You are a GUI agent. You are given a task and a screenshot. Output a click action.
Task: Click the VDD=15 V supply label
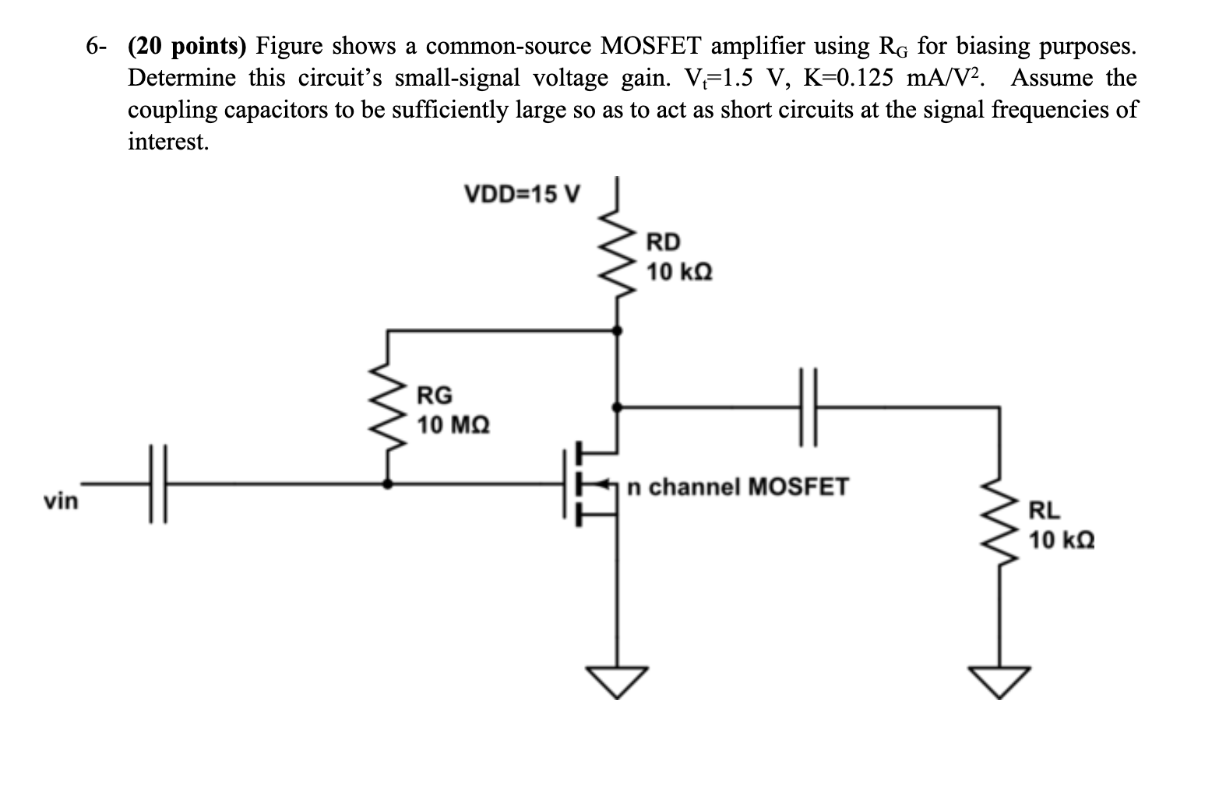tap(521, 193)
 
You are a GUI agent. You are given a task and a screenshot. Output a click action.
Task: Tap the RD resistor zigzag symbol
tap(618, 253)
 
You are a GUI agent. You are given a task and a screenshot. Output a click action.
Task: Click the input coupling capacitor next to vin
tap(158, 484)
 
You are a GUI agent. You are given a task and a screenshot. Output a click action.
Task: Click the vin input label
tap(61, 501)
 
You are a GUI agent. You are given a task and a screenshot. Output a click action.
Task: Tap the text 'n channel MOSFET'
tap(738, 488)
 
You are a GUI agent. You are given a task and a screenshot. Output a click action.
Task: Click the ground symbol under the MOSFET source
tap(618, 681)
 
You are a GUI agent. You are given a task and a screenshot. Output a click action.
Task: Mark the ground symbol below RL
tap(999, 681)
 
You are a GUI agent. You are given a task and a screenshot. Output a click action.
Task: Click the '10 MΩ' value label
tap(453, 425)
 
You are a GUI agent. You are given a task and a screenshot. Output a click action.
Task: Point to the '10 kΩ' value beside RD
tap(679, 273)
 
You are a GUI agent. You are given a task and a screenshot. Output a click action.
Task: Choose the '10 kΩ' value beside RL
tap(1061, 539)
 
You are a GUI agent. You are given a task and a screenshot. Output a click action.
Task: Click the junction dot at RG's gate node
tap(389, 484)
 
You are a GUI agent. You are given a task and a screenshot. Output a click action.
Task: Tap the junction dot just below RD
tap(618, 331)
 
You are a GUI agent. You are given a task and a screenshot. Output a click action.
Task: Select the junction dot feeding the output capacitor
tap(618, 407)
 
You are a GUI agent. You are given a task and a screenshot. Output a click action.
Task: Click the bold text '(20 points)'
tap(187, 47)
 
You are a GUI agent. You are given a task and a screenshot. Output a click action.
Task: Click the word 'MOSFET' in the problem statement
tap(651, 47)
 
